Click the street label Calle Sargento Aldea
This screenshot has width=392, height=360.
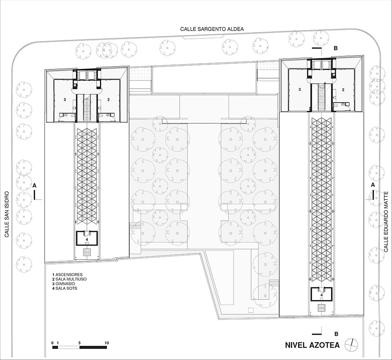[212, 29]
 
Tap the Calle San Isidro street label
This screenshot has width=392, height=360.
[7, 214]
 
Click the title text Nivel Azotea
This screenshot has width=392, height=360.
[312, 345]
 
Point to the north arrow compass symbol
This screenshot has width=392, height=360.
[351, 345]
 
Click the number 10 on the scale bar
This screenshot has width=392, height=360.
[107, 343]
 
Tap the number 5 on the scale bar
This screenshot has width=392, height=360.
[79, 343]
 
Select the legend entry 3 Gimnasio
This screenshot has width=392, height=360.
[64, 284]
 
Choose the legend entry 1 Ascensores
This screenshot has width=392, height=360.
[67, 275]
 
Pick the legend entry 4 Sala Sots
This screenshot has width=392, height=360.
[65, 288]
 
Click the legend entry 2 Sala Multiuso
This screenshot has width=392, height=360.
[69, 279]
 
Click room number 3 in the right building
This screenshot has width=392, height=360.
[299, 89]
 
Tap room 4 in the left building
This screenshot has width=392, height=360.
[87, 239]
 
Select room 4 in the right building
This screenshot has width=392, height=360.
[321, 295]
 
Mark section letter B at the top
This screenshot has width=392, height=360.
[336, 48]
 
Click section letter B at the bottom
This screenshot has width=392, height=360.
[336, 334]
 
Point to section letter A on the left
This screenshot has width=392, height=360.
[35, 185]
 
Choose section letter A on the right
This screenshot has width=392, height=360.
[373, 185]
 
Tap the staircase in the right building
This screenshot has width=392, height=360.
[321, 97]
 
